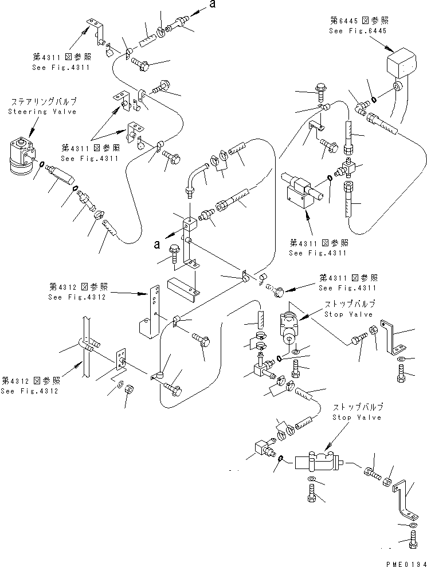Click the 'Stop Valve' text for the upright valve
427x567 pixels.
348,314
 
